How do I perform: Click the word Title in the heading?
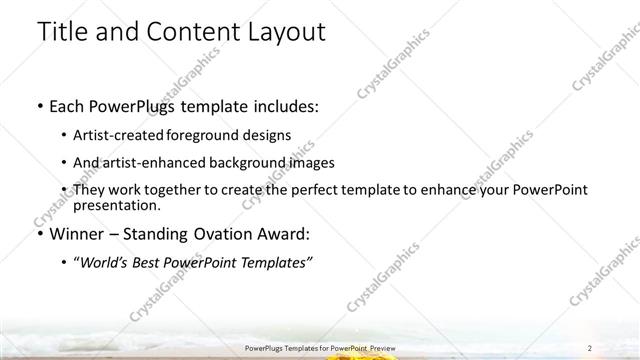tap(61, 32)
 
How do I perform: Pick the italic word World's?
tap(113, 262)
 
